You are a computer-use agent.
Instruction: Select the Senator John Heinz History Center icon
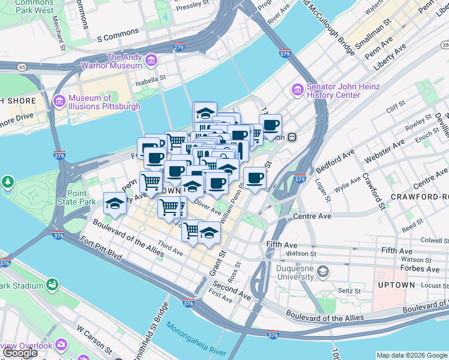pos(298,90)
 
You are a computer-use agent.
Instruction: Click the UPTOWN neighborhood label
pos(397,284)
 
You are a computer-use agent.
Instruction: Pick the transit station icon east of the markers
pos(292,136)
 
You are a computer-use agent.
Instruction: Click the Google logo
pos(20,353)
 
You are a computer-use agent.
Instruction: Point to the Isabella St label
pos(150,78)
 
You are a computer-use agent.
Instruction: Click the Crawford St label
pos(372,191)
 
